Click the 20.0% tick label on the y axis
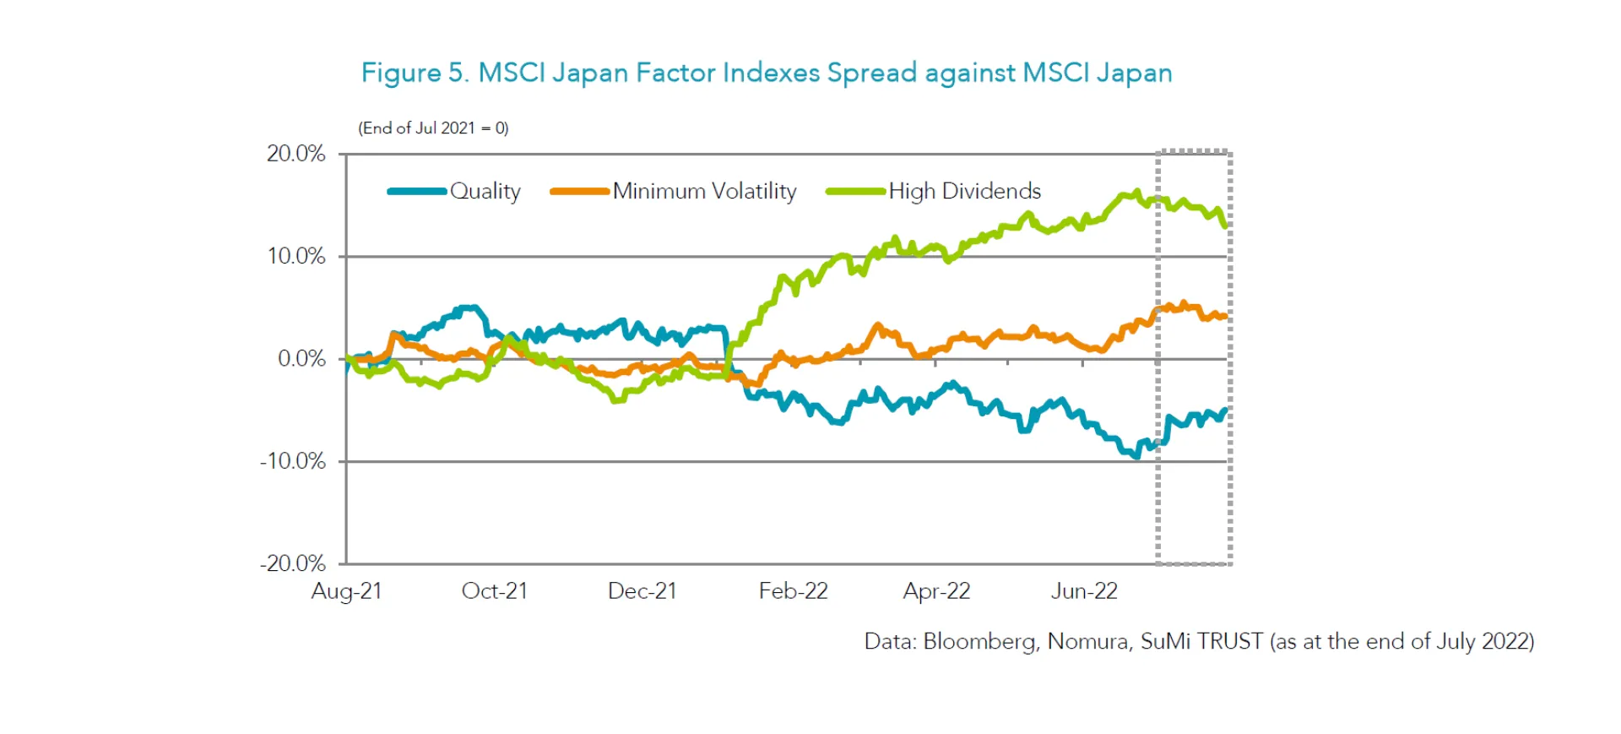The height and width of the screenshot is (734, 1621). click(x=295, y=154)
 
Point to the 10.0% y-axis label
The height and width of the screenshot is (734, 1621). click(x=295, y=256)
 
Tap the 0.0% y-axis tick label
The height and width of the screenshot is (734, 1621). click(x=301, y=359)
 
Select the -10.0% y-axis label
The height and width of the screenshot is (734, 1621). click(x=292, y=461)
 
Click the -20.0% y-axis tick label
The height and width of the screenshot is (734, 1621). click(x=292, y=563)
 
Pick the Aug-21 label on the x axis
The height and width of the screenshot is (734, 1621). click(x=346, y=591)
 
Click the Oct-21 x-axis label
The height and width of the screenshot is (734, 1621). click(x=494, y=591)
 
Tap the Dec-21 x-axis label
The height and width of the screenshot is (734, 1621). click(x=642, y=591)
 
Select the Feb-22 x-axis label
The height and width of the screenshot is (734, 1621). click(x=793, y=591)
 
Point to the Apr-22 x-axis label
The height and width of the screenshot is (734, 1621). click(x=936, y=591)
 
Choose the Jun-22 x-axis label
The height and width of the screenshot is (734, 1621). click(x=1084, y=591)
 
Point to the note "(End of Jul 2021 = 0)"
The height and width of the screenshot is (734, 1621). click(x=433, y=128)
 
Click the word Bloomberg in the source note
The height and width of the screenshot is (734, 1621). click(x=980, y=642)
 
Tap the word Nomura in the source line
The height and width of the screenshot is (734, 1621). click(x=1087, y=642)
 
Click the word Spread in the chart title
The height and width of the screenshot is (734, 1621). click(x=871, y=73)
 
